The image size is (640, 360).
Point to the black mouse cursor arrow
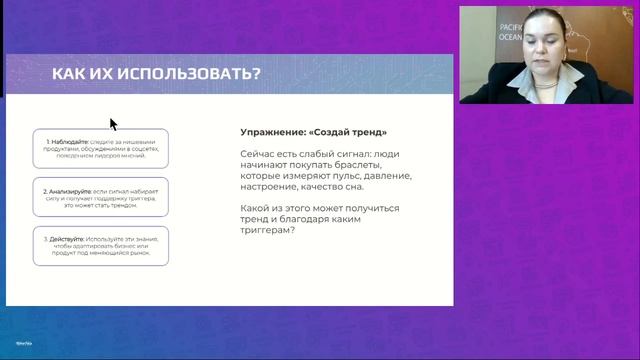pos(113,123)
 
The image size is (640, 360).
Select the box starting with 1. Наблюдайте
pos(100,147)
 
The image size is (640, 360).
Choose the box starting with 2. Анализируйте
pos(100,196)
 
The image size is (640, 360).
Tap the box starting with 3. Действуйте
pos(100,245)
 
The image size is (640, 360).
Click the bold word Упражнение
pos(275,132)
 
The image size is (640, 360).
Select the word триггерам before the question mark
pos(265,231)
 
